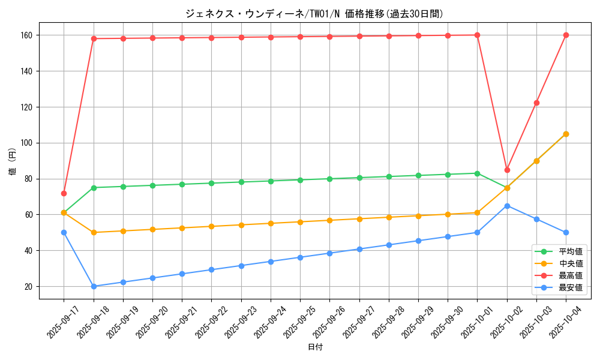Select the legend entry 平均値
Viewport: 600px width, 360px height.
tap(570, 252)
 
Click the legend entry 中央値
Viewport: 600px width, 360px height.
tap(570, 264)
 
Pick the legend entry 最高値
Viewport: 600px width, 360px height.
tap(570, 276)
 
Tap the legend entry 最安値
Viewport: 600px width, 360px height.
tap(570, 288)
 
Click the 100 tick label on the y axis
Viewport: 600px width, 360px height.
tap(26, 143)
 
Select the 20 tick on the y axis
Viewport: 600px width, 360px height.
tap(28, 287)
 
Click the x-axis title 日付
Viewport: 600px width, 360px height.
tap(315, 347)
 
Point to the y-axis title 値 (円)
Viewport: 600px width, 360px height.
tap(12, 163)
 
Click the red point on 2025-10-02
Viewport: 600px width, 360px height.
tap(507, 170)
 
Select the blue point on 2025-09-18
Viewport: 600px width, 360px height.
tap(94, 286)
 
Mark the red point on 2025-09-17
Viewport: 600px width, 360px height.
tap(64, 193)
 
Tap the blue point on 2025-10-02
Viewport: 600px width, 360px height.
tap(507, 206)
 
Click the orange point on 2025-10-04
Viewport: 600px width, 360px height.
tap(566, 134)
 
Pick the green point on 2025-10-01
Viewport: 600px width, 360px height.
tap(477, 173)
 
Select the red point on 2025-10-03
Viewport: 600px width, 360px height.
tap(536, 103)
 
